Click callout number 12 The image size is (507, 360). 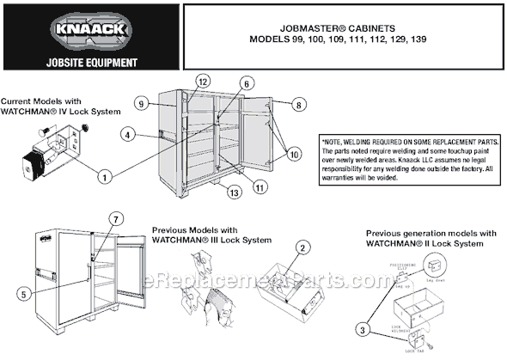pos(203,81)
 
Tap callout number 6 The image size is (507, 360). pos(246,84)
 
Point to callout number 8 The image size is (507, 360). pos(298,104)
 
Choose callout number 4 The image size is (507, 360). pos(127,135)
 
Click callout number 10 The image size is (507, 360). pos(294,156)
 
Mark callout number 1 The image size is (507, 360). pos(104,177)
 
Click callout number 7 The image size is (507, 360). pos(117,217)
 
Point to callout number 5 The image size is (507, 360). pos(22,293)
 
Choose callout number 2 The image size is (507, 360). pos(302,247)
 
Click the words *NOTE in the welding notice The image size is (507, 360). pos(335,141)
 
